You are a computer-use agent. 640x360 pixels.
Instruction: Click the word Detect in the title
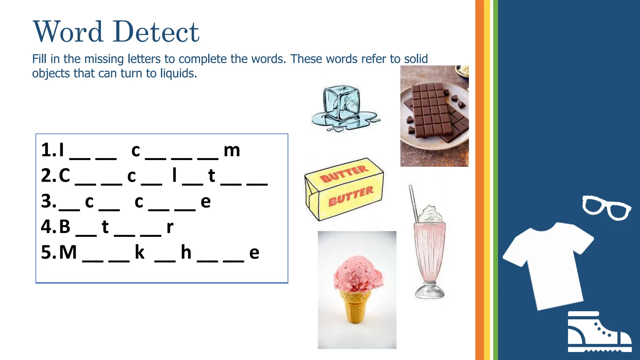pyautogui.click(x=156, y=32)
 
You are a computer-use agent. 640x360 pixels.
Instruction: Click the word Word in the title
pyautogui.click(x=68, y=32)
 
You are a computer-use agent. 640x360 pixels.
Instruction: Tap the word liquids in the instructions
pyautogui.click(x=178, y=73)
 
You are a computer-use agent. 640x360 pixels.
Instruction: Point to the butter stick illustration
pyautogui.click(x=344, y=189)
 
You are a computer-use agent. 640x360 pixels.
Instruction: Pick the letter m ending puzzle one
pyautogui.click(x=232, y=151)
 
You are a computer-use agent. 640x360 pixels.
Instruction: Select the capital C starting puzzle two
pyautogui.click(x=65, y=176)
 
